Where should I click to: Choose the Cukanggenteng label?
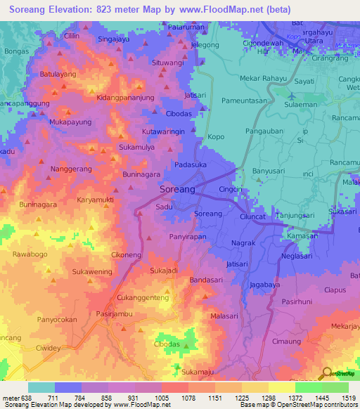coord(143,298)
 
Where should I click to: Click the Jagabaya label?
coord(265,285)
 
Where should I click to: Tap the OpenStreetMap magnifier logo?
coord(325,372)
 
